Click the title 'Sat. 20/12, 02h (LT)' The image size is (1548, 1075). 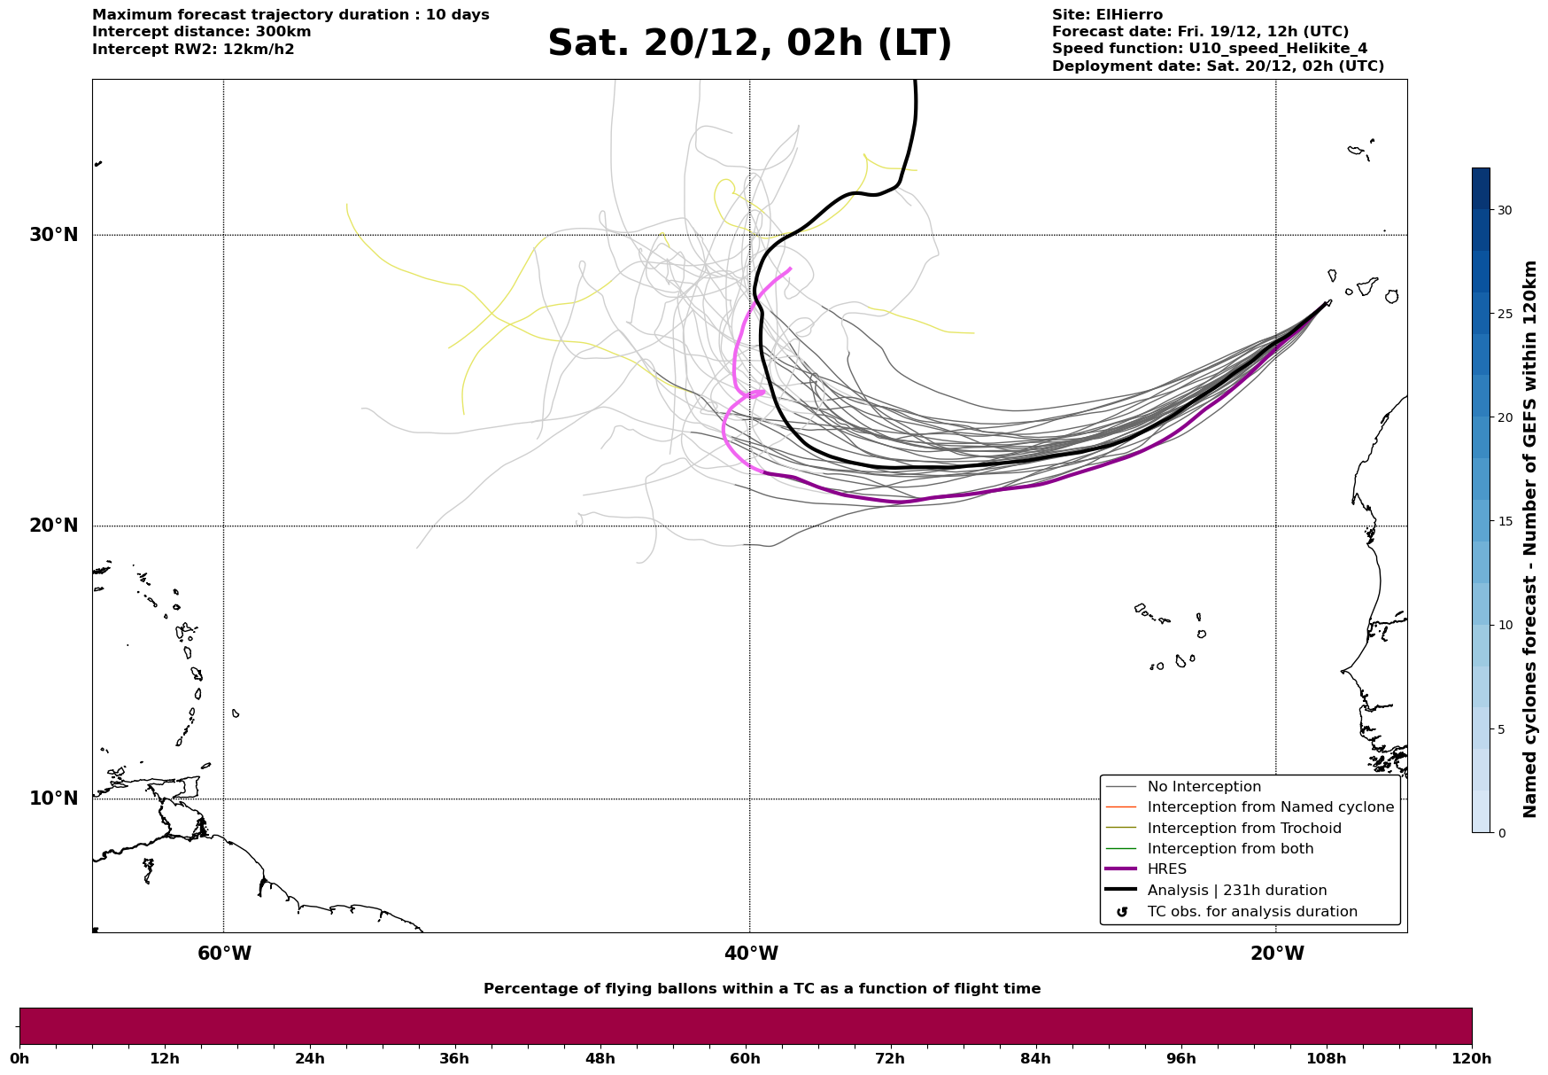(749, 43)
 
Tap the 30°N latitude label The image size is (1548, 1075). (54, 235)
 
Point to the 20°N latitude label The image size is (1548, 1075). (54, 526)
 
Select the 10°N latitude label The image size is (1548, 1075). (54, 798)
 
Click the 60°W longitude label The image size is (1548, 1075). (224, 954)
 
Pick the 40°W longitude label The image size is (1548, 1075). (751, 954)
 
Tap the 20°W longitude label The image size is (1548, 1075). (1277, 954)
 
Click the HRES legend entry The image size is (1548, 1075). (1166, 869)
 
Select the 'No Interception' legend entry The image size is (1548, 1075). (1204, 787)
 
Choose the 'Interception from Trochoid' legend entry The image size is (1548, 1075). (1243, 829)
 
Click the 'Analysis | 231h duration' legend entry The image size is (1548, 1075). (1236, 891)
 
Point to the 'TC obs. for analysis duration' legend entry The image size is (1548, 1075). (1251, 912)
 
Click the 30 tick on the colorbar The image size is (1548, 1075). (1504, 210)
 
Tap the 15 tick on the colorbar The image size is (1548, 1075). (1504, 521)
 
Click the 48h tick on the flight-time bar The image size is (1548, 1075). (600, 1058)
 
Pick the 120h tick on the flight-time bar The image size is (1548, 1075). (1471, 1058)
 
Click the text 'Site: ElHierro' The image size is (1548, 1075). (1107, 15)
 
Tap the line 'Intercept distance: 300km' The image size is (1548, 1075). (201, 32)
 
